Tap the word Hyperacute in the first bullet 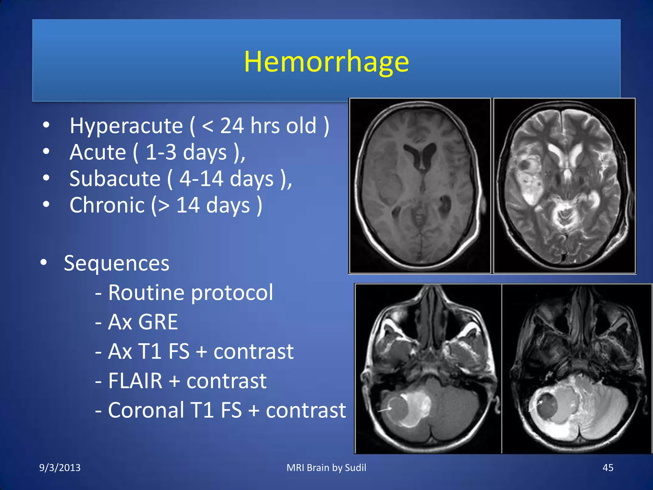[x=126, y=126]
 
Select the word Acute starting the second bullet [x=98, y=152]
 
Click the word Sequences [x=116, y=264]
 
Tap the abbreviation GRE [x=158, y=322]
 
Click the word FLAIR [x=135, y=381]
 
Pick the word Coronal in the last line [x=146, y=410]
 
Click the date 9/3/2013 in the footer [x=60, y=468]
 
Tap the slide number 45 [x=608, y=468]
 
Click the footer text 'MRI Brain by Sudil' [x=326, y=468]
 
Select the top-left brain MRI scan [x=420, y=186]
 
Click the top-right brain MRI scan [x=564, y=186]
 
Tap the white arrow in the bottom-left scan [x=385, y=409]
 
